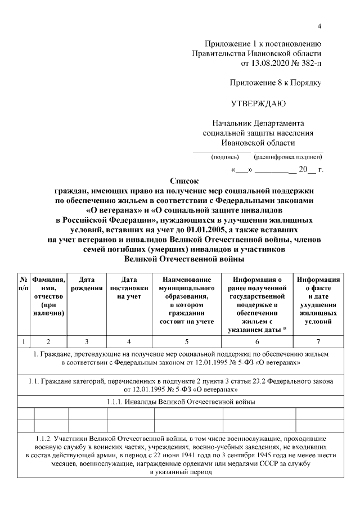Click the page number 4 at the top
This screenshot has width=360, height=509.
pyautogui.click(x=319, y=26)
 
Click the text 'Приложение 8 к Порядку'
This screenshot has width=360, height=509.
pyautogui.click(x=276, y=83)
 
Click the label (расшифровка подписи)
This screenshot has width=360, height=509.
pyautogui.click(x=288, y=156)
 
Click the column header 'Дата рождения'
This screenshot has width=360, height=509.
pyautogui.click(x=87, y=283)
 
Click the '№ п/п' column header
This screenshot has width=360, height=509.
pyautogui.click(x=24, y=283)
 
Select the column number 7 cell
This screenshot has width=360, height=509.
pyautogui.click(x=318, y=341)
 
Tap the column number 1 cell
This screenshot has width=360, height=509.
pyautogui.click(x=24, y=341)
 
